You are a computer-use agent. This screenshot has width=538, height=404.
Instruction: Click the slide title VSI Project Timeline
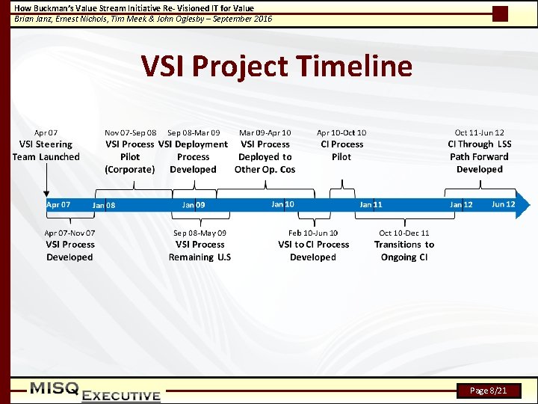276,67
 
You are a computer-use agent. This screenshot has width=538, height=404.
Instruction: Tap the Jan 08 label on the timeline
104,205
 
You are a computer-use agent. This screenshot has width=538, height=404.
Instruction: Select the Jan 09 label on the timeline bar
194,204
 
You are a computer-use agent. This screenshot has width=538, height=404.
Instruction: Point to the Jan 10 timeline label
282,203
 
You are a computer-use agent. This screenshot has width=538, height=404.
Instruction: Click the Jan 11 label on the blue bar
371,204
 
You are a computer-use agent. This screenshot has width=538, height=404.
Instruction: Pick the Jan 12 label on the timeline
461,205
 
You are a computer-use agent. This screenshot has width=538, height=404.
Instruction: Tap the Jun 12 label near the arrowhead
503,204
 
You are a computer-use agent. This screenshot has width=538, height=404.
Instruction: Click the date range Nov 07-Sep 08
131,132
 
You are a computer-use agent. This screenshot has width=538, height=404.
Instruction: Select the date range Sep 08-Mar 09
194,132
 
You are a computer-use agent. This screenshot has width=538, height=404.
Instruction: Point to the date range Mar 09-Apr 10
265,132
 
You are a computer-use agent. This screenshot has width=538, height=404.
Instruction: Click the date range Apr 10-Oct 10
341,132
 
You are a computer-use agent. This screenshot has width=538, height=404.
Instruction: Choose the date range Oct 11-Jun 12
479,132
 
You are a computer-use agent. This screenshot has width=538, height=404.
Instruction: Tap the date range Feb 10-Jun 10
313,233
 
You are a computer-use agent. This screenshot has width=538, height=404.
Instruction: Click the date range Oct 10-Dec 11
404,233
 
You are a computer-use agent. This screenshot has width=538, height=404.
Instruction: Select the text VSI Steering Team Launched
46,150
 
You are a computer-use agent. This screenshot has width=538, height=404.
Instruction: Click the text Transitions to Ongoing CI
404,251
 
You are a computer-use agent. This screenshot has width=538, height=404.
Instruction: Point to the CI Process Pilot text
341,150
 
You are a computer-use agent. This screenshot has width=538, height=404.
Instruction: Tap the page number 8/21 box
489,391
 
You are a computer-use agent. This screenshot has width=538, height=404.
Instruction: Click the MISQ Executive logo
95,391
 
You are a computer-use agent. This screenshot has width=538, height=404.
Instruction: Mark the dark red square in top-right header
501,13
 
